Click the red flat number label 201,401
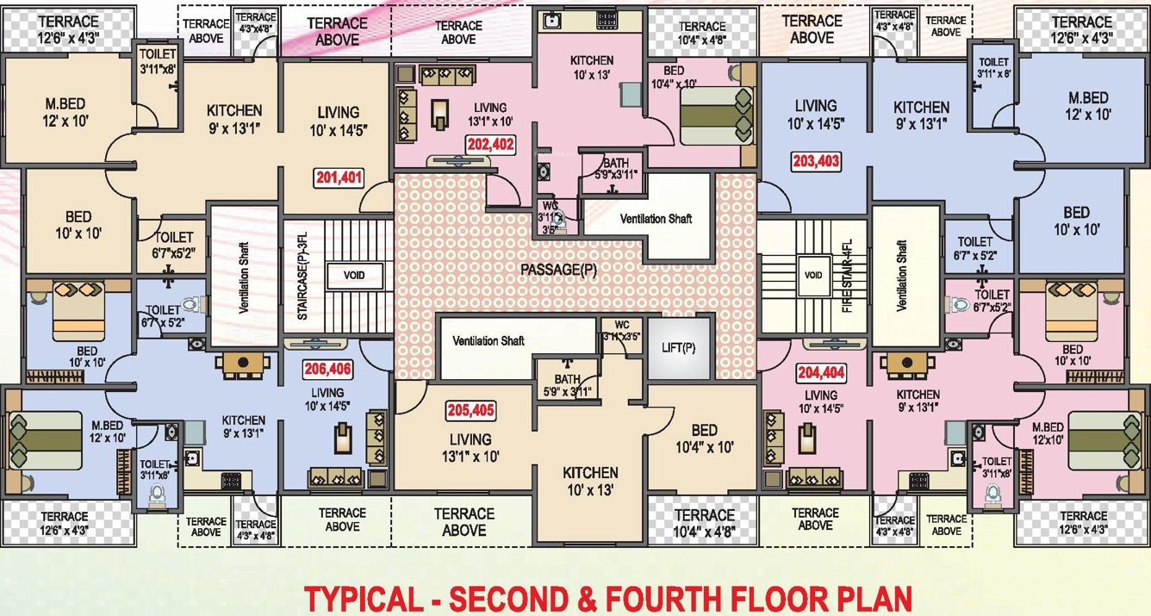click(x=340, y=178)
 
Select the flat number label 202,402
click(x=490, y=145)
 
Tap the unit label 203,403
click(x=815, y=160)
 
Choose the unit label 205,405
click(x=470, y=409)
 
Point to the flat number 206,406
click(x=327, y=369)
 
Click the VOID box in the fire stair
click(x=812, y=276)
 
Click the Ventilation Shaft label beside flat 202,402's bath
click(x=656, y=219)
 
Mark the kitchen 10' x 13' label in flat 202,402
click(x=592, y=68)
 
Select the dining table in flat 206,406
click(x=241, y=364)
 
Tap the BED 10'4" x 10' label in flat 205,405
click(x=703, y=439)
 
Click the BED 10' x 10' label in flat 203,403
click(x=1076, y=221)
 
